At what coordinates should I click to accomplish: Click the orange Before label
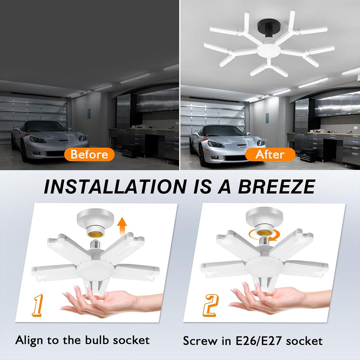89,155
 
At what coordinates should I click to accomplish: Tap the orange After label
270,155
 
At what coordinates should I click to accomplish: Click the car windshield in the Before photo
45,126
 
